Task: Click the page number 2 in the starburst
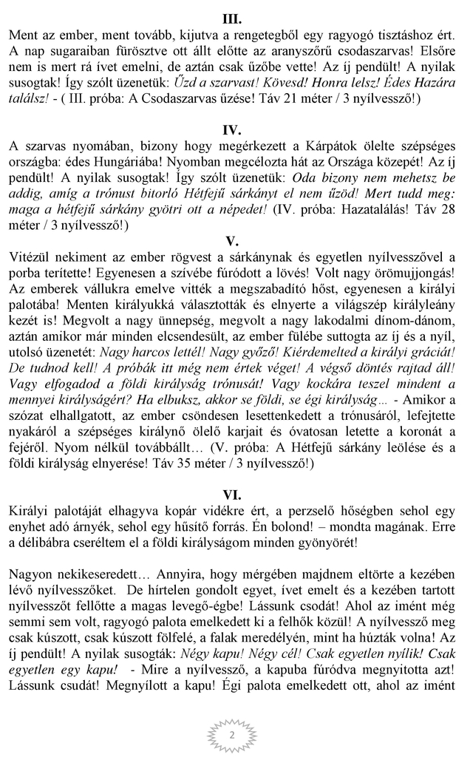[232, 735]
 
